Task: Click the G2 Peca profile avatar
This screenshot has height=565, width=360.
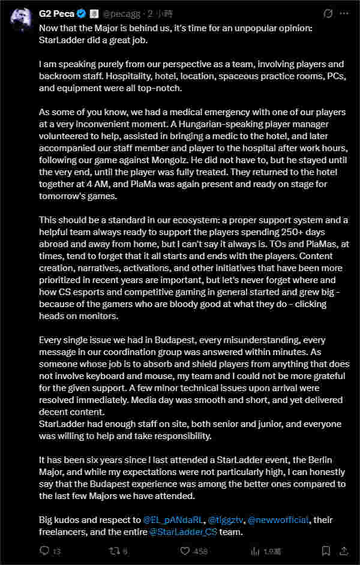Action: pyautogui.click(x=21, y=21)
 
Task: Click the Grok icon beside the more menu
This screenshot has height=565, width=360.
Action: pyautogui.click(x=327, y=13)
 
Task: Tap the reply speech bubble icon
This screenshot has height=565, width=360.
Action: pyautogui.click(x=44, y=551)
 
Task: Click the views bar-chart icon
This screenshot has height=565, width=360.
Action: pyautogui.click(x=255, y=551)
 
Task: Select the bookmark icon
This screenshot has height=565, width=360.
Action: pyautogui.click(x=326, y=551)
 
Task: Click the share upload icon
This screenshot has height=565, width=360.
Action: pyautogui.click(x=345, y=551)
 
